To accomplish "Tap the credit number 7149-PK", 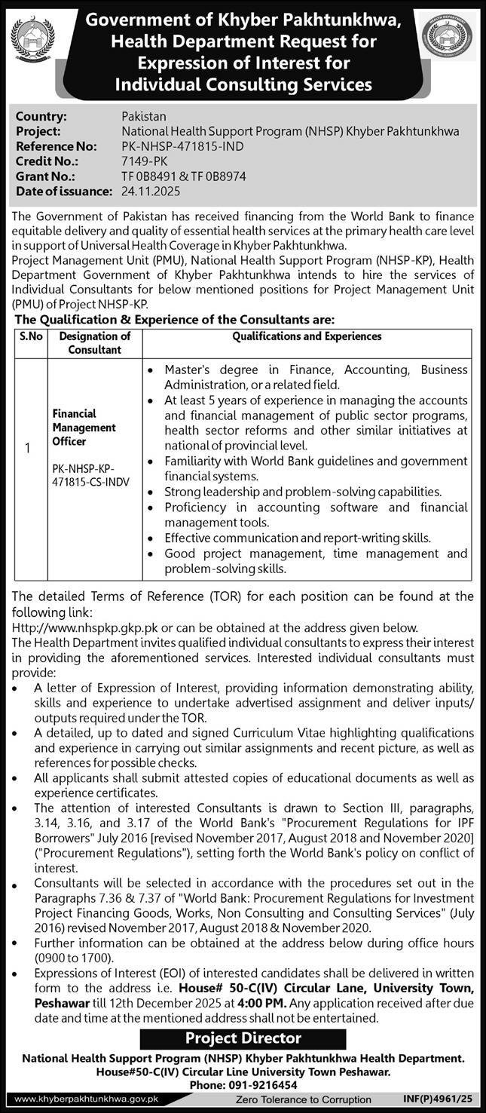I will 145,161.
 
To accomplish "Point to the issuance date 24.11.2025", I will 151,191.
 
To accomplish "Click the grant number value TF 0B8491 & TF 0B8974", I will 184,176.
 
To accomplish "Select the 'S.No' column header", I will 30,336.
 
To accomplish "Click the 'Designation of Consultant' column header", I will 95,343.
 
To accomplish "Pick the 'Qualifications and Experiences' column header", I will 307,336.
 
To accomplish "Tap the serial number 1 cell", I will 28,448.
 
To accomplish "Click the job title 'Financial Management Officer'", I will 84,428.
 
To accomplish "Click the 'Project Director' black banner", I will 243,1038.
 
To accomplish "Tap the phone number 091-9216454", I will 265,1084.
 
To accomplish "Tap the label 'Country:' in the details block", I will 42,116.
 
